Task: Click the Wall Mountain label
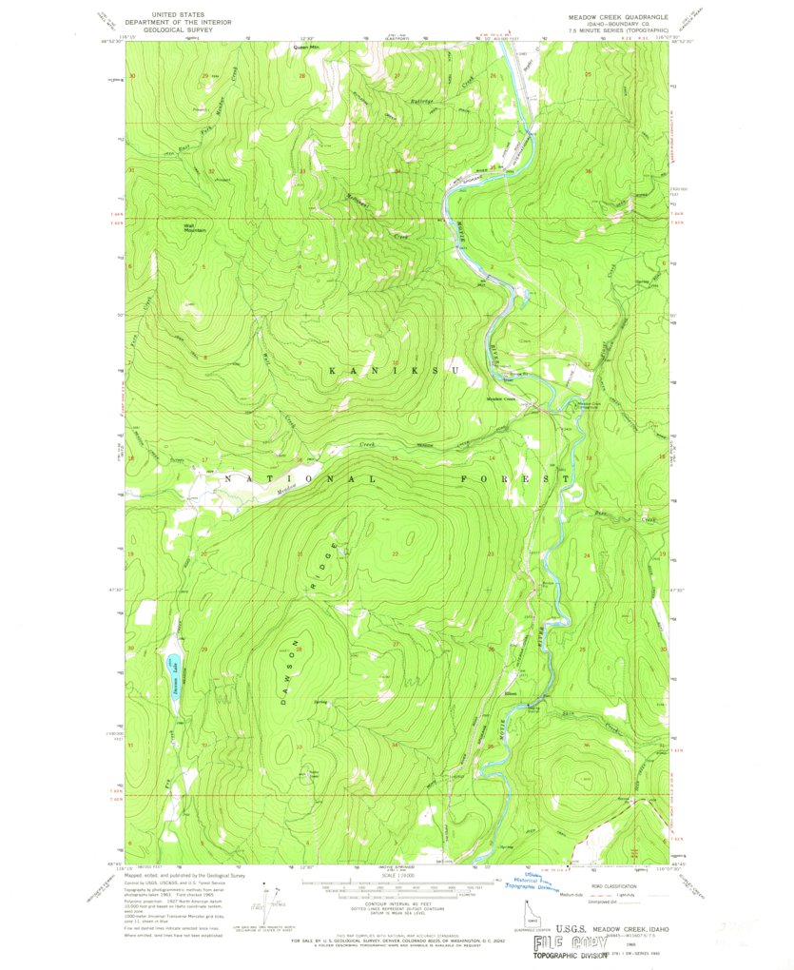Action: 194,227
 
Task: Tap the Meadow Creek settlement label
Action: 501,398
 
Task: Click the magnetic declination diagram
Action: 276,899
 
